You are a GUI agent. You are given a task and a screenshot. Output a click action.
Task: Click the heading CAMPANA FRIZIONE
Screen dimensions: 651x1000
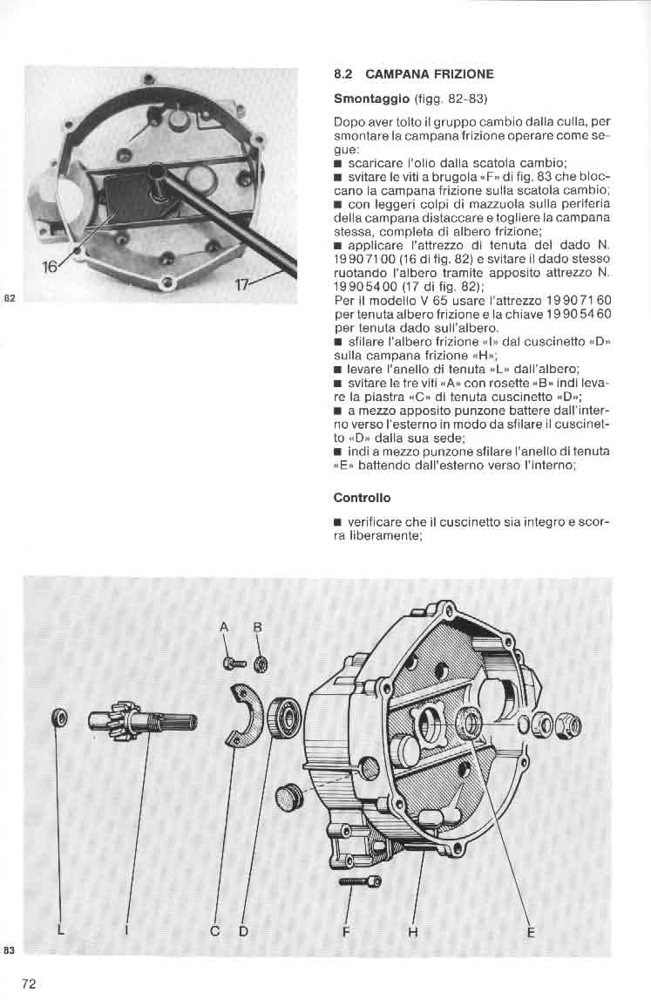tap(429, 74)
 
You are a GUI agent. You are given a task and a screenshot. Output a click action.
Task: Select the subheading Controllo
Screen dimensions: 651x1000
tap(363, 498)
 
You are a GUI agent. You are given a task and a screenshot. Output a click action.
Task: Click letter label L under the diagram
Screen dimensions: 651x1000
tap(61, 930)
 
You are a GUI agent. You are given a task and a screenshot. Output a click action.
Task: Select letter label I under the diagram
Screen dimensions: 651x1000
tap(126, 931)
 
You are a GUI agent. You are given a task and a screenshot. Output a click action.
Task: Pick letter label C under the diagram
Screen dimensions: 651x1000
tap(215, 931)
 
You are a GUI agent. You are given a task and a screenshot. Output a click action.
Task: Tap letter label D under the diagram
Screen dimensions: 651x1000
tap(243, 931)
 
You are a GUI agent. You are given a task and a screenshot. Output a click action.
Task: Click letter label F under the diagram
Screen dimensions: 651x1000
tap(346, 932)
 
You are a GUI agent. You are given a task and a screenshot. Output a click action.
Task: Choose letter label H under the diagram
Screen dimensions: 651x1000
tap(412, 932)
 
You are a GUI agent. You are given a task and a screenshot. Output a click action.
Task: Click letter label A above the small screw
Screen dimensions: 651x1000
tap(224, 628)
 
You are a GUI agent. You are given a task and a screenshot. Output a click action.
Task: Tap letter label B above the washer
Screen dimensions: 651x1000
tap(258, 628)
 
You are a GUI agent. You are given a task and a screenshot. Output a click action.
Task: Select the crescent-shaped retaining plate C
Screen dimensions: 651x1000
tap(247, 714)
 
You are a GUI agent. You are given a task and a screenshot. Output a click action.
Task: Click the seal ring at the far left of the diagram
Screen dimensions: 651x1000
tap(60, 718)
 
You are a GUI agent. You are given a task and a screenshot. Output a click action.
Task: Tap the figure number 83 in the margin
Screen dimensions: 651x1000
tap(9, 950)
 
